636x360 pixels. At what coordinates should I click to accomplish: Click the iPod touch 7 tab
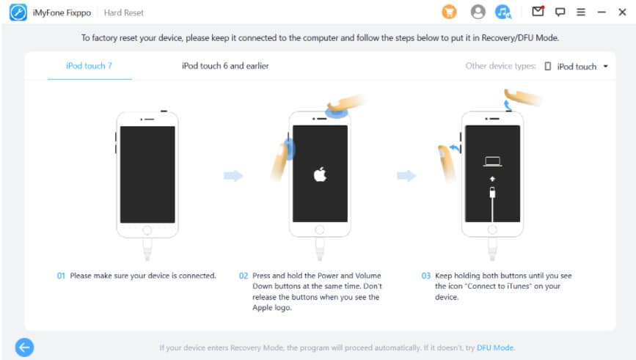pyautogui.click(x=89, y=66)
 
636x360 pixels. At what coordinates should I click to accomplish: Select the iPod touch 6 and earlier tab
pyautogui.click(x=225, y=66)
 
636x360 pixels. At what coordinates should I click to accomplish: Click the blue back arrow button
pyautogui.click(x=25, y=348)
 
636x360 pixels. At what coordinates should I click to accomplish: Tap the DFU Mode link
pyautogui.click(x=495, y=348)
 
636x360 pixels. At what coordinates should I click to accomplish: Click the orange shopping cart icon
pyautogui.click(x=449, y=12)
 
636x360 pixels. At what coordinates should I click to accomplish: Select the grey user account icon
pyautogui.click(x=478, y=12)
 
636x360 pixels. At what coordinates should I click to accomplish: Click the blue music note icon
pyautogui.click(x=503, y=12)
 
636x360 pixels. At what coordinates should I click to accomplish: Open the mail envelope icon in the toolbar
pyautogui.click(x=538, y=11)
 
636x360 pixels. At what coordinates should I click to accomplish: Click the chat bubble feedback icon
pyautogui.click(x=560, y=12)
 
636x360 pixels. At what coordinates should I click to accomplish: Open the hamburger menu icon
pyautogui.click(x=581, y=12)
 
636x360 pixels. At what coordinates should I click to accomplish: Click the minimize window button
pyautogui.click(x=602, y=12)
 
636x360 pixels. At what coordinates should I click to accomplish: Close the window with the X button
pyautogui.click(x=622, y=12)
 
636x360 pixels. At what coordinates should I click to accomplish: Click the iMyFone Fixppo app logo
pyautogui.click(x=18, y=12)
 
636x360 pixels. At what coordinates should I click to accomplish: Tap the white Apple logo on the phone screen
pyautogui.click(x=320, y=175)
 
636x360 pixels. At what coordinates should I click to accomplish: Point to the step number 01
pyautogui.click(x=61, y=276)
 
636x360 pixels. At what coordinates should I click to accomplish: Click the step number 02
pyautogui.click(x=244, y=276)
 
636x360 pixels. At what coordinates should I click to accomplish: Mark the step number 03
pyautogui.click(x=426, y=276)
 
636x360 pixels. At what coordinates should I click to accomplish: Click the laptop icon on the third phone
pyautogui.click(x=492, y=161)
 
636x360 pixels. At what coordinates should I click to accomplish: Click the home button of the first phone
pyautogui.click(x=147, y=230)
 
